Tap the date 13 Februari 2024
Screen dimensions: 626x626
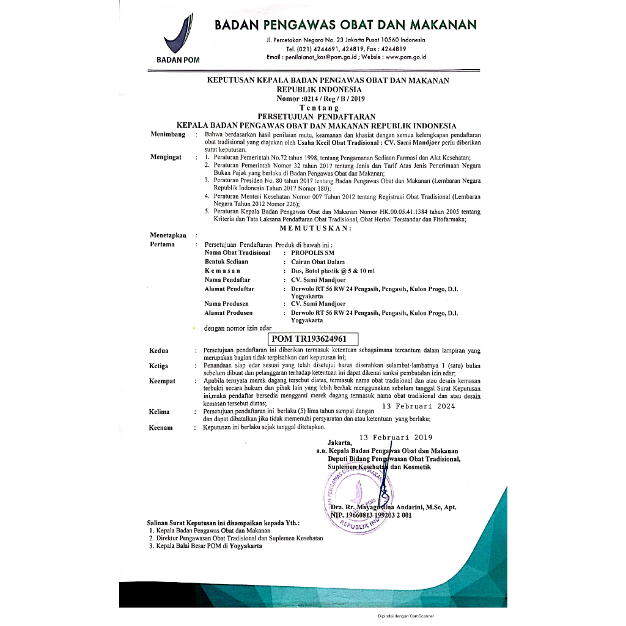coord(418,406)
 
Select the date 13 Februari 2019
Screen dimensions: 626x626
coord(396,437)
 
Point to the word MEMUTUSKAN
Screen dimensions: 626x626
coord(315,228)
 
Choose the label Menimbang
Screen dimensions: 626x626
coord(168,134)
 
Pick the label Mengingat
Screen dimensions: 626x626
coord(166,157)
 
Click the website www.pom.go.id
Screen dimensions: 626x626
coord(405,57)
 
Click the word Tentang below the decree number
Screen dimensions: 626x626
coord(315,108)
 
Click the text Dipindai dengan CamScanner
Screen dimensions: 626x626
coord(406,616)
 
